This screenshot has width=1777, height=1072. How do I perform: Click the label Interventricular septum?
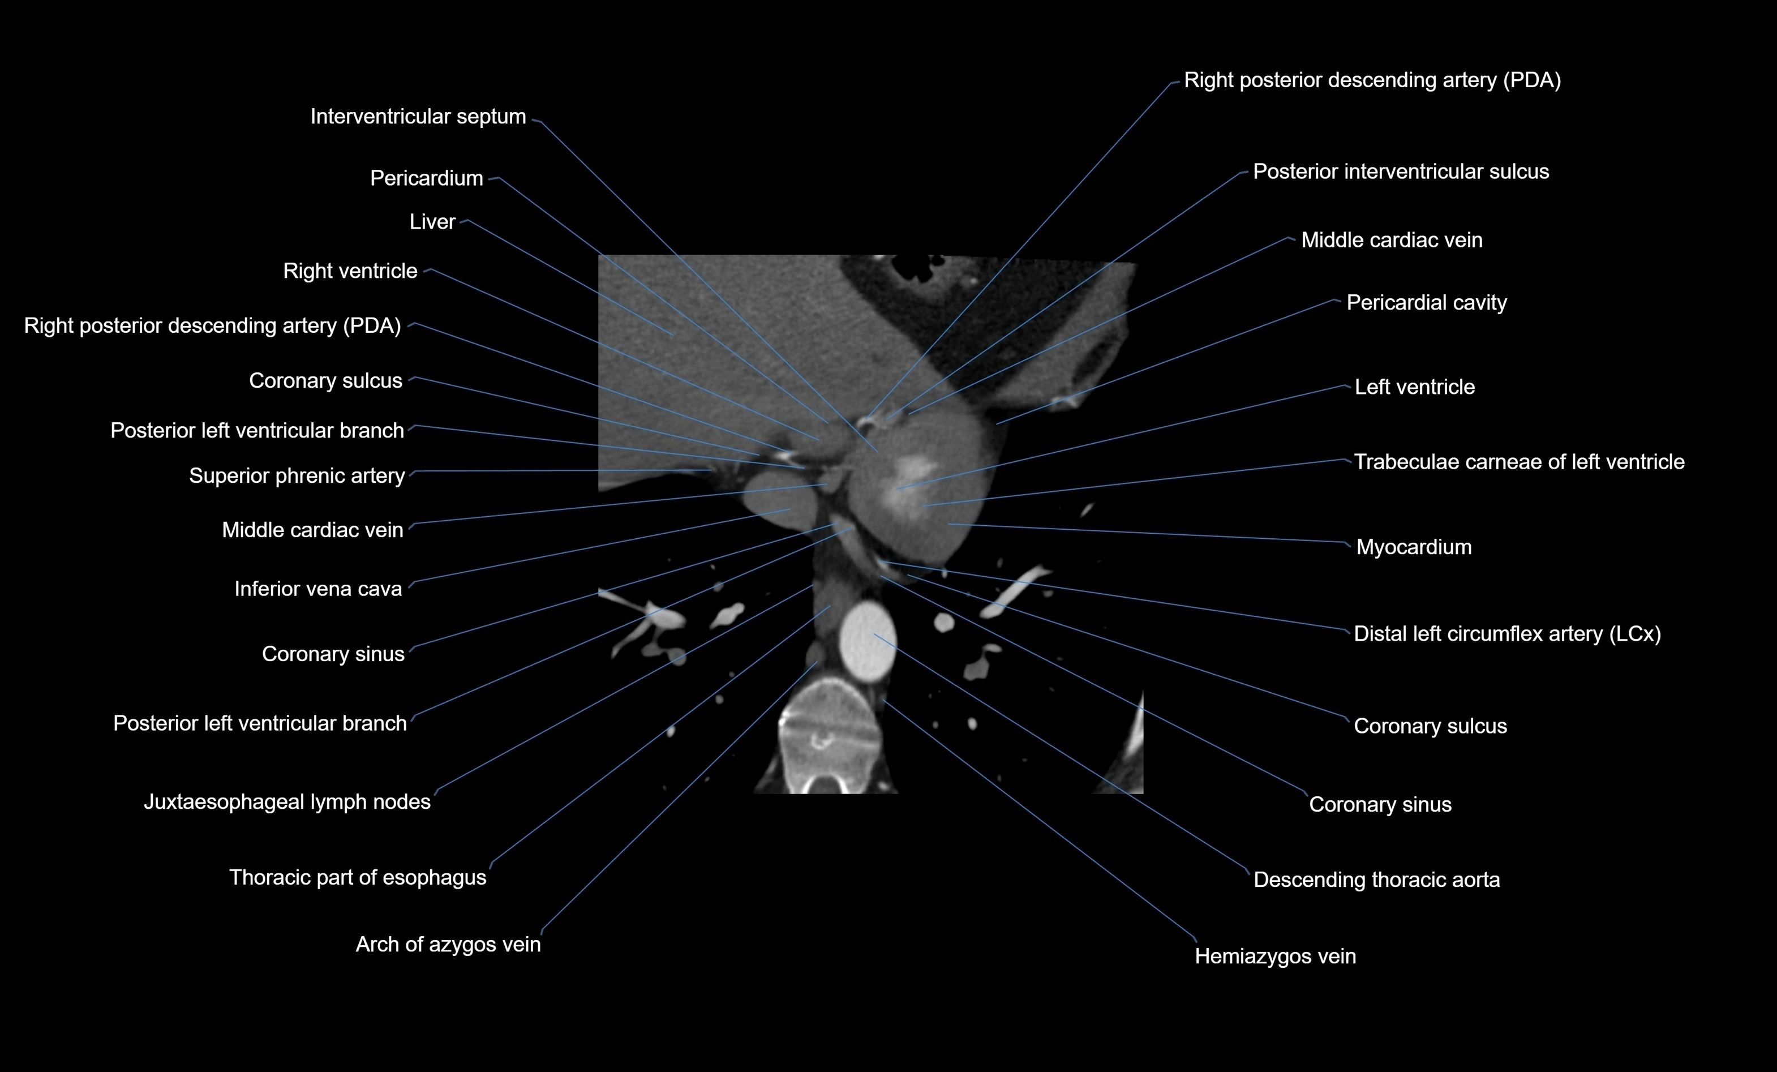418,117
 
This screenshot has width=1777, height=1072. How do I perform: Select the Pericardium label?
426,178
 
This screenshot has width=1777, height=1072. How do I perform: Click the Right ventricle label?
350,271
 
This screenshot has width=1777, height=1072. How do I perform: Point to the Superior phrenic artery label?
297,476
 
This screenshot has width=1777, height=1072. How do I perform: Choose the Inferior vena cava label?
317,589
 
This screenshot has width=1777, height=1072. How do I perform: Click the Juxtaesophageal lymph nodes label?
287,802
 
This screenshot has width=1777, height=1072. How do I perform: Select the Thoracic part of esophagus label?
358,878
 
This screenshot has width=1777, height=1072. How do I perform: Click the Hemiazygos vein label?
1275,957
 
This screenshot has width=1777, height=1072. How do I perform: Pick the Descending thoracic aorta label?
1376,880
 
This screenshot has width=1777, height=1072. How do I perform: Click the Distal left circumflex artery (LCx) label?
1506,634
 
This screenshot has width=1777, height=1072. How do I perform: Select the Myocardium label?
1414,547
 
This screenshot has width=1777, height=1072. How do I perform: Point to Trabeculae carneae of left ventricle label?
1519,462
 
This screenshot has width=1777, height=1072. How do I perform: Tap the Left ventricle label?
1414,387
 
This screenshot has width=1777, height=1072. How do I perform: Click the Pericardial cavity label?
1426,303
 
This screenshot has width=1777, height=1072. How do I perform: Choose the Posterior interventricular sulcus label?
1401,171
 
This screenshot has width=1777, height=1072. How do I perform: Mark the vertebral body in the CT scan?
830,728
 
